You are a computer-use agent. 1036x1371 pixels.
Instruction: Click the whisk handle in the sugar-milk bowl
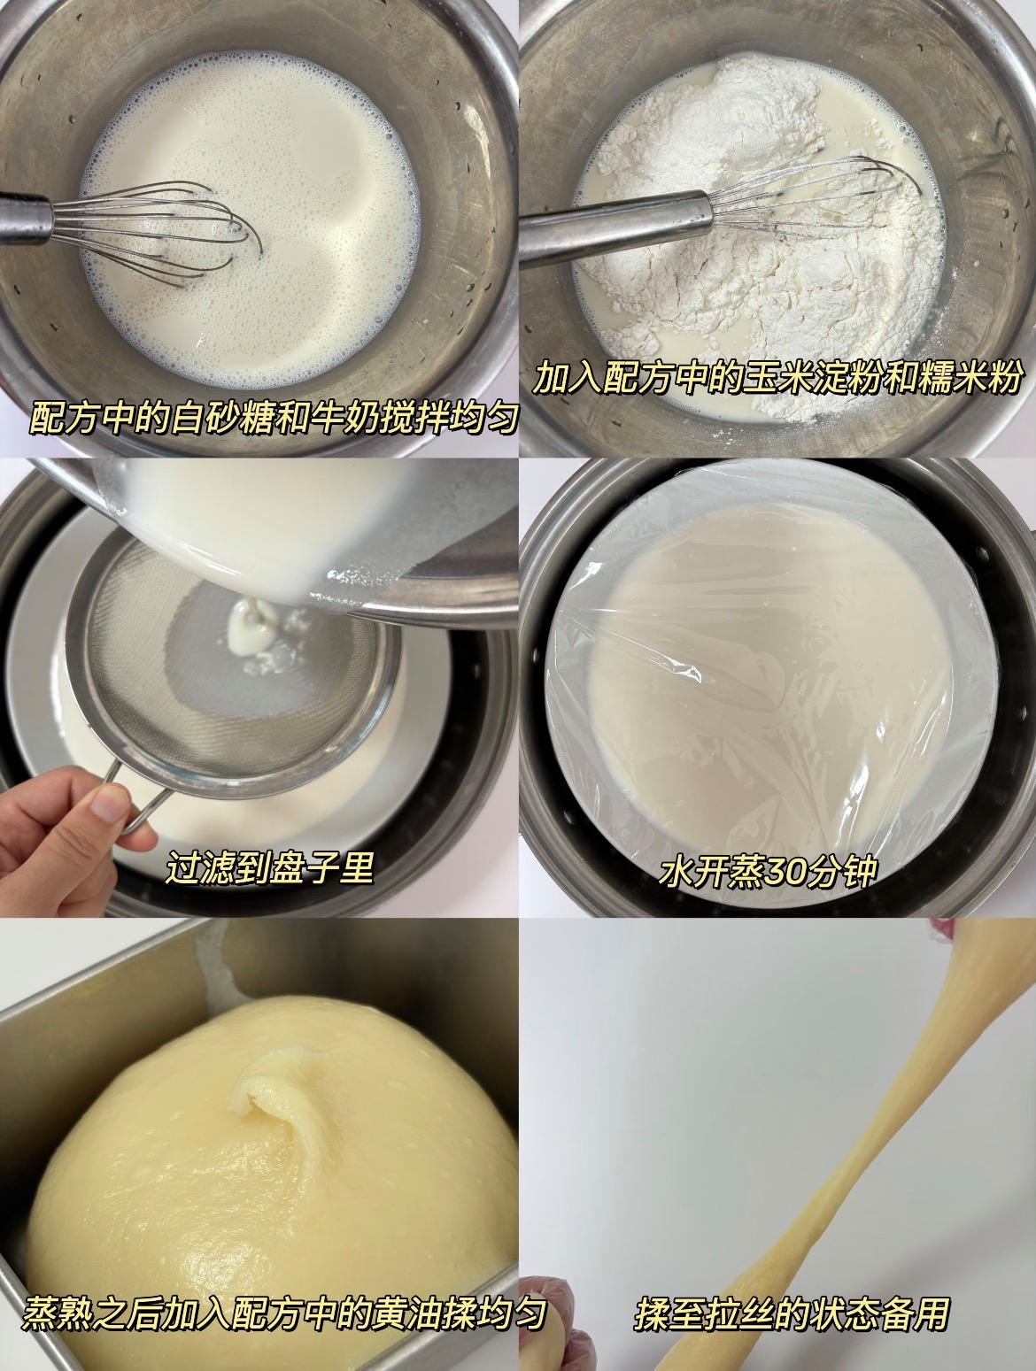click(x=25, y=219)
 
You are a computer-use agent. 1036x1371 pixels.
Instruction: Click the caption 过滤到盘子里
click(x=270, y=866)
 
